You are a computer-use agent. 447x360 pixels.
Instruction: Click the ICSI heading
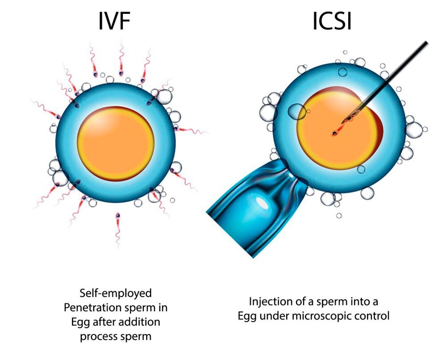click(x=331, y=22)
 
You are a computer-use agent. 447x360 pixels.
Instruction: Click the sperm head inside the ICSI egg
click(x=334, y=133)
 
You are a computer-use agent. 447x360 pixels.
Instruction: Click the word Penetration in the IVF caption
click(x=96, y=307)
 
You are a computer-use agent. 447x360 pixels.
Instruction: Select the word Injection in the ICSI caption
click(x=271, y=302)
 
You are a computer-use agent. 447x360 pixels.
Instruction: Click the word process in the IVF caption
click(x=100, y=336)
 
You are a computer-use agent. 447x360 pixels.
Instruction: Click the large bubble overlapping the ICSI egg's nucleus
click(x=297, y=112)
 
